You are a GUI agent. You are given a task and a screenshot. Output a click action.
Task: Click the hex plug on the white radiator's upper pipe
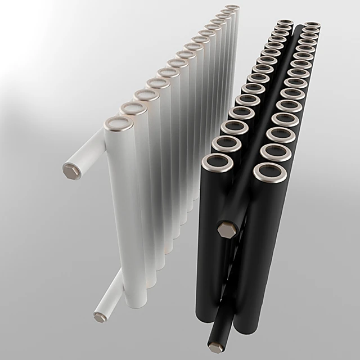coord(71,170)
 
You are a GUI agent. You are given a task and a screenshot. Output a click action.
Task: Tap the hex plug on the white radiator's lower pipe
coord(100,317)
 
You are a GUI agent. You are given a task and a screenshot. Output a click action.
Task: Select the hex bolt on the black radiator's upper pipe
coord(226,229)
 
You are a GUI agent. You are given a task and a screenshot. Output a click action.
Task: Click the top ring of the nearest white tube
coord(120,123)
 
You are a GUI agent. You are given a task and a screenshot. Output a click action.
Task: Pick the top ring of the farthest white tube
coord(232,8)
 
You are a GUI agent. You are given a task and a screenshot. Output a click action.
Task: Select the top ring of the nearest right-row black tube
coord(269,173)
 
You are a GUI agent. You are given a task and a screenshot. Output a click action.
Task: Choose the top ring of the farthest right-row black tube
coord(312,25)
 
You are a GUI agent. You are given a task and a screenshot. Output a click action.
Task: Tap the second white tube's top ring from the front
coord(133,108)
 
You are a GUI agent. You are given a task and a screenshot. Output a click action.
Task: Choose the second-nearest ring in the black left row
coord(226,145)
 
